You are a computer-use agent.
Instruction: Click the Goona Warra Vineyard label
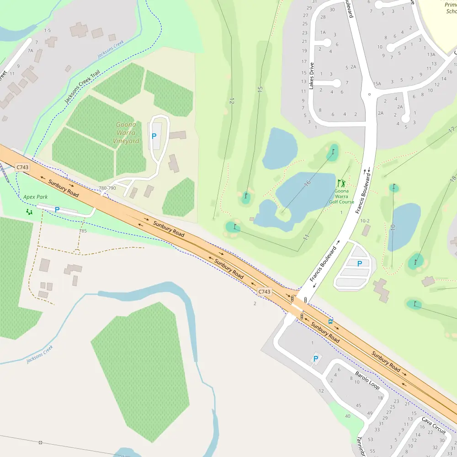pyautogui.click(x=126, y=133)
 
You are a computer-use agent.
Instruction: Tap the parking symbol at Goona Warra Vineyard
pyautogui.click(x=154, y=136)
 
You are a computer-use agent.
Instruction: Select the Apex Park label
pyautogui.click(x=35, y=197)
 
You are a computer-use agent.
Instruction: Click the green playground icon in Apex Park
pyautogui.click(x=29, y=212)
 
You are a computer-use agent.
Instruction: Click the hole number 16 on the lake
pyautogui.click(x=308, y=182)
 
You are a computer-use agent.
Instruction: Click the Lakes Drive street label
pyautogui.click(x=312, y=75)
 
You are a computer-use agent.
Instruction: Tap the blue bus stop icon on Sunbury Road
pyautogui.click(x=330, y=321)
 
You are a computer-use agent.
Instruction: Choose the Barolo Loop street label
pyautogui.click(x=367, y=380)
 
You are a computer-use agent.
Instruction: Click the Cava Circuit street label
pyautogui.click(x=433, y=425)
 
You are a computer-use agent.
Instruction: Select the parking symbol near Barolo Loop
pyautogui.click(x=315, y=359)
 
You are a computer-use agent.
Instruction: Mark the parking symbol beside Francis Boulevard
pyautogui.click(x=360, y=263)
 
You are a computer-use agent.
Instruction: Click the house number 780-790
pyautogui.click(x=107, y=188)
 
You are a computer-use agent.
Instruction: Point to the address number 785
pyautogui.click(x=83, y=231)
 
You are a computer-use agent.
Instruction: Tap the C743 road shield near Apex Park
pyautogui.click(x=22, y=168)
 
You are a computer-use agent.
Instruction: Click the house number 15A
pyautogui.click(x=377, y=84)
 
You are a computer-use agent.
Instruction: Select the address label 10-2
pyautogui.click(x=365, y=221)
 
